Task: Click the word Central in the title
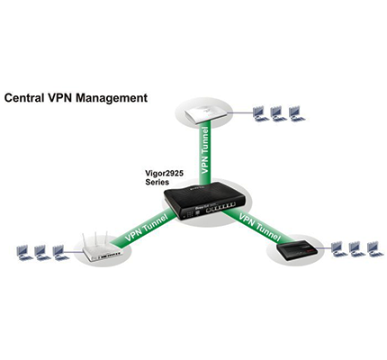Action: click(x=24, y=98)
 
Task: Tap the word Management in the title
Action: click(x=112, y=98)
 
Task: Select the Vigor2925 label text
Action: click(x=165, y=173)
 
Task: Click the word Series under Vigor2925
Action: click(x=157, y=182)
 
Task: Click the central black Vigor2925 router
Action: click(x=204, y=201)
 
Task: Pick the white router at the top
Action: click(x=202, y=113)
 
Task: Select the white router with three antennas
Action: click(x=102, y=249)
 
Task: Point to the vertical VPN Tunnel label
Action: click(x=205, y=150)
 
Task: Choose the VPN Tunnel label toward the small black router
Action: click(x=260, y=227)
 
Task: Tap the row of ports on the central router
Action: click(x=220, y=208)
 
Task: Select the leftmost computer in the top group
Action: click(x=260, y=114)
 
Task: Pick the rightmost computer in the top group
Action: click(x=296, y=114)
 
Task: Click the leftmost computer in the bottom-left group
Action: click(x=24, y=253)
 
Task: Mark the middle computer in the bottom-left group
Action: click(x=42, y=253)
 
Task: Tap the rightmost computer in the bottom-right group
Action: click(x=375, y=249)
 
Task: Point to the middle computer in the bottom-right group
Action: click(x=357, y=249)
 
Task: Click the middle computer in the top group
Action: click(x=278, y=114)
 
